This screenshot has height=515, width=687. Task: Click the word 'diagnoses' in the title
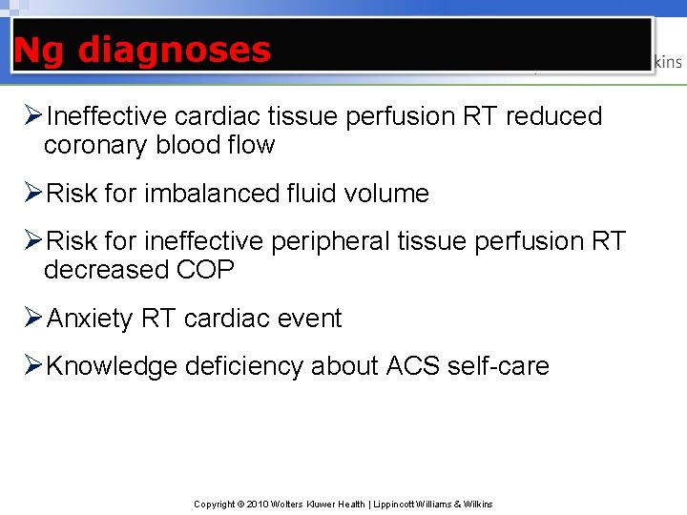[x=174, y=50]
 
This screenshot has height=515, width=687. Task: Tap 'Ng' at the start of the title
[x=39, y=51]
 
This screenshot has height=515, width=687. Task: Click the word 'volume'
[x=386, y=194]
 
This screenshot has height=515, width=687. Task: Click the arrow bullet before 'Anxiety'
[x=31, y=318]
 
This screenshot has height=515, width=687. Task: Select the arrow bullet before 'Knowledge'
[x=31, y=365]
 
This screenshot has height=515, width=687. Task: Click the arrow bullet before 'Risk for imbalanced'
[x=31, y=193]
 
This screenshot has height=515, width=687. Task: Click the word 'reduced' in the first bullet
[x=553, y=116]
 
